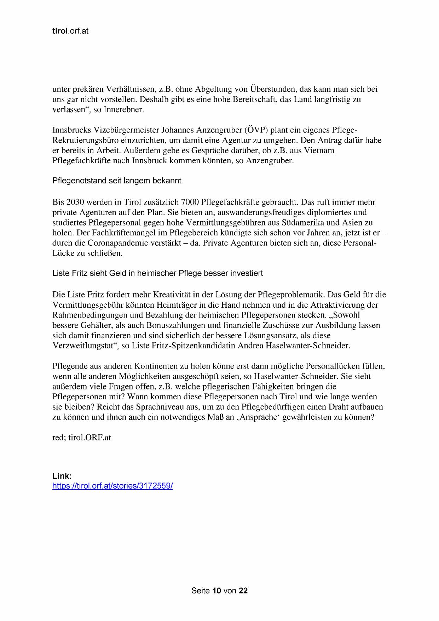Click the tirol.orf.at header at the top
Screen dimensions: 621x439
70,31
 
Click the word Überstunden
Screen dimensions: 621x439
272,89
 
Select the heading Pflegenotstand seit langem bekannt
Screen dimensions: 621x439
117,181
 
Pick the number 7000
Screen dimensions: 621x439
190,202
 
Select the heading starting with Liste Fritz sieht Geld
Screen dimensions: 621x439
158,273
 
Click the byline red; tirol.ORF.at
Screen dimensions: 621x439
82,438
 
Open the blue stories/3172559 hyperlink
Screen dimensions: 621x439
112,486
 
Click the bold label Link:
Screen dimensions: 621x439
62,476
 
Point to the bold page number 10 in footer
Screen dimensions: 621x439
216,591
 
